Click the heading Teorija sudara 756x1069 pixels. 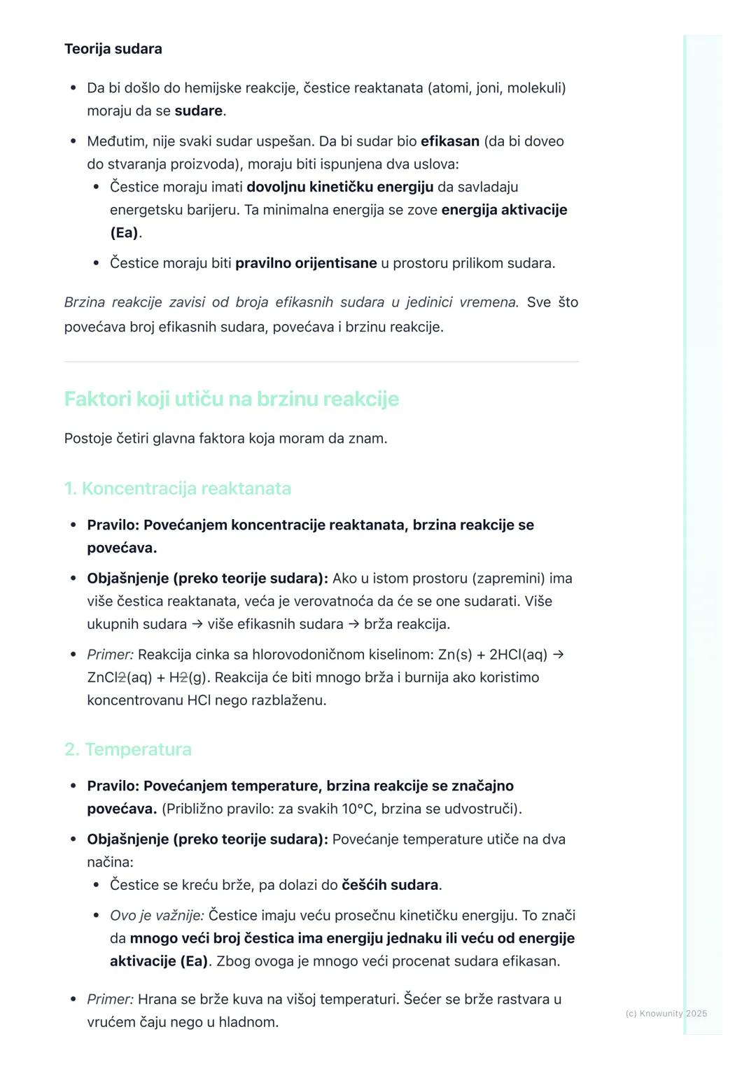(113, 49)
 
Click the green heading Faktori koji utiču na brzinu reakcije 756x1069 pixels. (231, 399)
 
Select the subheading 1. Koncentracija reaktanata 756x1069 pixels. (177, 488)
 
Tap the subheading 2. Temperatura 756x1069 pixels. (127, 749)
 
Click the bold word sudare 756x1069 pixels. (199, 111)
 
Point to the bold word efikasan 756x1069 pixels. (449, 141)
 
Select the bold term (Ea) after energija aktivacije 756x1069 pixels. (125, 232)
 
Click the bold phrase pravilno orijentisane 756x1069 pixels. (306, 263)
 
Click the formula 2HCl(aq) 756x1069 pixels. (518, 655)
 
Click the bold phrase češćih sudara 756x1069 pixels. (389, 885)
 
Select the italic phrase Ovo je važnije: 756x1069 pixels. (157, 916)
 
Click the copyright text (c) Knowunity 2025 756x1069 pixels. (666, 1013)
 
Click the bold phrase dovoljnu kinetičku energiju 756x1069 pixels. (339, 187)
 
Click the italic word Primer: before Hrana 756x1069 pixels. (110, 999)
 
